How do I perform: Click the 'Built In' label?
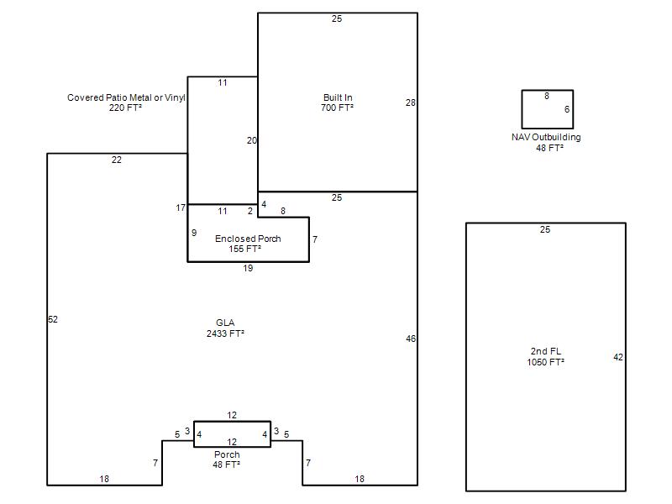[x=338, y=97]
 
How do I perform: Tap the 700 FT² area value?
[x=338, y=108]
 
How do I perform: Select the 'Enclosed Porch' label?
[x=248, y=239]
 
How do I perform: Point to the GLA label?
[x=225, y=323]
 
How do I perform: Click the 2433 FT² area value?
[x=225, y=333]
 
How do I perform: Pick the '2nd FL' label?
[x=545, y=351]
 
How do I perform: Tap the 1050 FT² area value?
[x=545, y=362]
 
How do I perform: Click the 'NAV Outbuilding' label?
[x=546, y=137]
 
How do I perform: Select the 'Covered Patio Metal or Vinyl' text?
[x=126, y=97]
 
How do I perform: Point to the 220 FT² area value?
[x=125, y=108]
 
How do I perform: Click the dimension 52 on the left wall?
[x=53, y=319]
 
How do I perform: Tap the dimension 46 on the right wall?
[x=411, y=339]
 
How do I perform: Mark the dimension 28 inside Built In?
[x=411, y=102]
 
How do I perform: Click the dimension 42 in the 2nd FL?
[x=618, y=358]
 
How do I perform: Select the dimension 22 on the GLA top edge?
[x=117, y=160]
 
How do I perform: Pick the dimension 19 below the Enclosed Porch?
[x=248, y=269]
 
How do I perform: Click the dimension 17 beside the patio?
[x=181, y=207]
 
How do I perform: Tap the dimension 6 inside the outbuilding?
[x=567, y=110]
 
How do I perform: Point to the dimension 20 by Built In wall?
[x=251, y=140]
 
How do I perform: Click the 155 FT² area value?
[x=245, y=249]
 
